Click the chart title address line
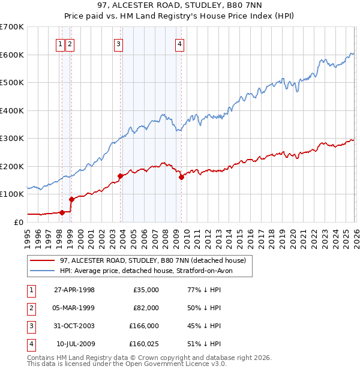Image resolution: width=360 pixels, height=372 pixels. click(x=180, y=7)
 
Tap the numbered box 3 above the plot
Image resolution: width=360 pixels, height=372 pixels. click(x=118, y=43)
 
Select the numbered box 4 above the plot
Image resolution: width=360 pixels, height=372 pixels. click(x=179, y=43)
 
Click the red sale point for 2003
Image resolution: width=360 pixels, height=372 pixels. click(x=121, y=176)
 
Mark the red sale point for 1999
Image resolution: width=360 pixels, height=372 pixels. click(x=71, y=199)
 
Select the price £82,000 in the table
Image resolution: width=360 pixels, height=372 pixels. click(x=146, y=308)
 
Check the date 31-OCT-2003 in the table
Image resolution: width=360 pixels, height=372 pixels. click(x=74, y=326)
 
